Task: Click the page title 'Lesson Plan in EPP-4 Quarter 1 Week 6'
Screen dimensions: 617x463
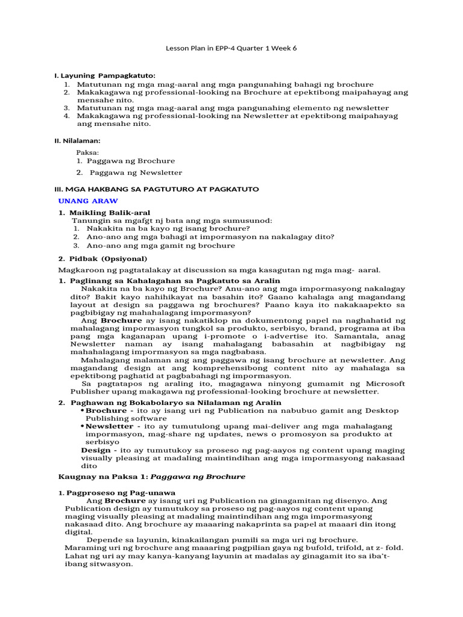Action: click(231, 49)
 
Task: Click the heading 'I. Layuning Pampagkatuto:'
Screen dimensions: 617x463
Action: click(105, 76)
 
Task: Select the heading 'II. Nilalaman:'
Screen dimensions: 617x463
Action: click(78, 140)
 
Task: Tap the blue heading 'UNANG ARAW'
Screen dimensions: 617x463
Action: click(88, 201)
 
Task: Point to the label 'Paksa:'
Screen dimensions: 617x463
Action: click(87, 152)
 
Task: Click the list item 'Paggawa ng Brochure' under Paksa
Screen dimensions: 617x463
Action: click(131, 161)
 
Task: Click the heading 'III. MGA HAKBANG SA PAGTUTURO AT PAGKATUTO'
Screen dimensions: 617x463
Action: click(157, 189)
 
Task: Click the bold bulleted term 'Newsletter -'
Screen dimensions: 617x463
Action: click(113, 426)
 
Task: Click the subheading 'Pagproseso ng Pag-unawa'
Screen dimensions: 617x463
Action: click(113, 493)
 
